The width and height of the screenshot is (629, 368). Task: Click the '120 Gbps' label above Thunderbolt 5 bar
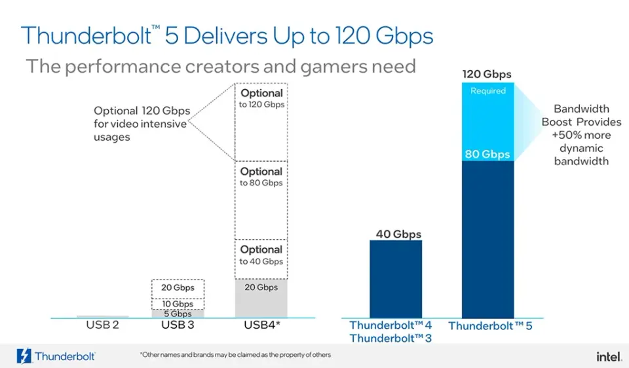487,75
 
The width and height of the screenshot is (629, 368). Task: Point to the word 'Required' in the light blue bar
488,91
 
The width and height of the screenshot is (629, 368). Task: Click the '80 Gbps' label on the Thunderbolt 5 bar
487,155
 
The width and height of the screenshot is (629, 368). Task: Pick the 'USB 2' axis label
102,325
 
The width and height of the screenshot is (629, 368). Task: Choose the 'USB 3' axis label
178,325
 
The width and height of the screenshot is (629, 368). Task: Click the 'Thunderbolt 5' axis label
490,325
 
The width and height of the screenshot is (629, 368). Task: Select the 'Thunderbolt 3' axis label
391,338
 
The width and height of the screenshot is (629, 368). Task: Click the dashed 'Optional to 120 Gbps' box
261,122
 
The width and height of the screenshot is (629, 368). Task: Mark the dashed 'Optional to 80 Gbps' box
261,200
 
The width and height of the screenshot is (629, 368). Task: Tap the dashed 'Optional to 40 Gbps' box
261,259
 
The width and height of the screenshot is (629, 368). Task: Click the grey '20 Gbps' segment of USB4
261,298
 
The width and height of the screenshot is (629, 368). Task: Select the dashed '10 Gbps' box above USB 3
178,304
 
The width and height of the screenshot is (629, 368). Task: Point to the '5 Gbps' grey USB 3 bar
178,314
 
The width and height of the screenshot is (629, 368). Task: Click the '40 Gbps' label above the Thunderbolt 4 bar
398,234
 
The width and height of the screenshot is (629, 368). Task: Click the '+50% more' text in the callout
581,136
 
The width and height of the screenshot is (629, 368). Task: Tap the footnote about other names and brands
235,355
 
